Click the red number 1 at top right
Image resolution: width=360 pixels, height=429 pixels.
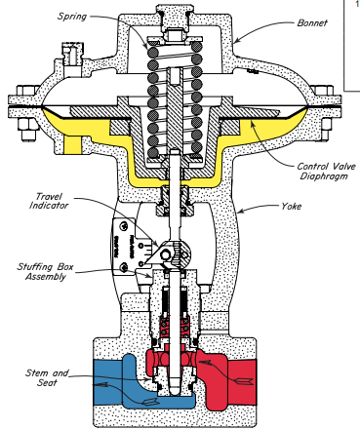(355, 6)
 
